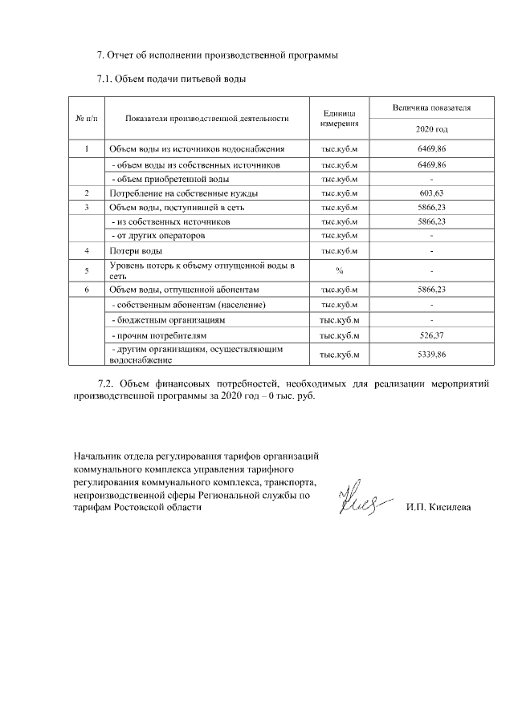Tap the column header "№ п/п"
point(87,118)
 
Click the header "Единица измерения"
point(340,118)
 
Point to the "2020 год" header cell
point(431,129)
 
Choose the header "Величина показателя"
point(431,107)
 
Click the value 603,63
point(431,193)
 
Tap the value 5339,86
point(431,354)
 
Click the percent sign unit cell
point(340,269)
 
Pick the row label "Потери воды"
point(131,251)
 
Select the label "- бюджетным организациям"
point(166,319)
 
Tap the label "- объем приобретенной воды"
point(169,179)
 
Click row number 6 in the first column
point(87,289)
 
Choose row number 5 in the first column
point(87,270)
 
